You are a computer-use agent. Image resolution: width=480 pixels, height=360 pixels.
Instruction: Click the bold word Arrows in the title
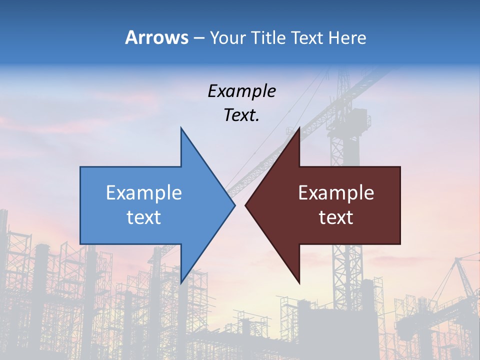pyautogui.click(x=156, y=37)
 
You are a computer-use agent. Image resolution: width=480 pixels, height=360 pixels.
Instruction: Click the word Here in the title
pyautogui.click(x=347, y=37)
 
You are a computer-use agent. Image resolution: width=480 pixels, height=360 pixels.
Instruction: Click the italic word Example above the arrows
pyautogui.click(x=241, y=91)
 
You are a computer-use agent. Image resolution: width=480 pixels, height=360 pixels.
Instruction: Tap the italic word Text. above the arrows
pyautogui.click(x=241, y=115)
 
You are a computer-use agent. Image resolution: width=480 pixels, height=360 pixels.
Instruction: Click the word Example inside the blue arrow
pyautogui.click(x=144, y=193)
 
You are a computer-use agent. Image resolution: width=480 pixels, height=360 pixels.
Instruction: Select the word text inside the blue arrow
pyautogui.click(x=144, y=217)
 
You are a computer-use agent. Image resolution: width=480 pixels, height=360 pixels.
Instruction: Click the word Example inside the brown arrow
pyautogui.click(x=336, y=193)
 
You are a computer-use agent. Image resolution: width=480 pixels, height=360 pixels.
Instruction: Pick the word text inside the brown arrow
pyautogui.click(x=336, y=217)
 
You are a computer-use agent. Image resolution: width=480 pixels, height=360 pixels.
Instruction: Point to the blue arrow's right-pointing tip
pyautogui.click(x=234, y=205)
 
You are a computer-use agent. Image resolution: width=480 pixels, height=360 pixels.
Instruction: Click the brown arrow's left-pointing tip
pyautogui.click(x=246, y=205)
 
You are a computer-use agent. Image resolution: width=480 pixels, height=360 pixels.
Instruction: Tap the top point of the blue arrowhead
pyautogui.click(x=181, y=128)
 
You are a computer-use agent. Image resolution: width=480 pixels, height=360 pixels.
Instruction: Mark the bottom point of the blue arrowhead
pyautogui.click(x=181, y=283)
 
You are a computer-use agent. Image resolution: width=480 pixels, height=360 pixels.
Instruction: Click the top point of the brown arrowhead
pyautogui.click(x=299, y=128)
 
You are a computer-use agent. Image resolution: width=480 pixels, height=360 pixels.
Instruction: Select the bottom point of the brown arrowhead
pyautogui.click(x=299, y=283)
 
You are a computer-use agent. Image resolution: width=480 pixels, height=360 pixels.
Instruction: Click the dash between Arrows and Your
pyautogui.click(x=198, y=38)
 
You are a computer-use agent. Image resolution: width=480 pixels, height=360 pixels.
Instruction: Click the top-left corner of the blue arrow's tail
pyautogui.click(x=81, y=167)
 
